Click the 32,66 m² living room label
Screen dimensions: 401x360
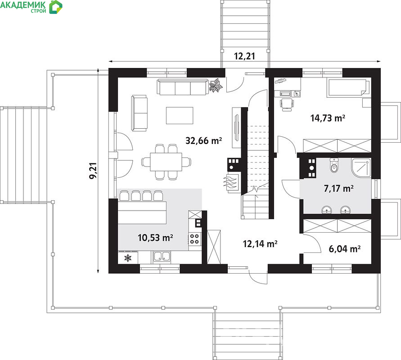(203, 140)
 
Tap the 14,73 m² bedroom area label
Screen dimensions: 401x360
(328, 118)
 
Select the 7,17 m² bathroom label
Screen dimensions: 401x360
(338, 189)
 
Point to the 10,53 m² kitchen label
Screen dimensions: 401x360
(155, 238)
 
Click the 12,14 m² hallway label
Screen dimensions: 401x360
(260, 244)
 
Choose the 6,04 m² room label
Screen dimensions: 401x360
(344, 249)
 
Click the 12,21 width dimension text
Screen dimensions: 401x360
(244, 56)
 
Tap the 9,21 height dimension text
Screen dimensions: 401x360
(93, 171)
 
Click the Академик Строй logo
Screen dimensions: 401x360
(31, 7)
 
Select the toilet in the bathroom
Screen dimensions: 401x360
(334, 165)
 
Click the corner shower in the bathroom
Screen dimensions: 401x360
(361, 167)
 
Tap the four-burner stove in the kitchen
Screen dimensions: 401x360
(195, 239)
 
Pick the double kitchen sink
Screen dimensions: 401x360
(162, 257)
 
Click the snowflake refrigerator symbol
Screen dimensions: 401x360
(128, 258)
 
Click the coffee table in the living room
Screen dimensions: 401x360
(180, 116)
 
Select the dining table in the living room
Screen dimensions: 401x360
(166, 162)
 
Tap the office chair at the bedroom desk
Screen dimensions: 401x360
(287, 104)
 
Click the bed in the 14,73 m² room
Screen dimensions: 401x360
(348, 88)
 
